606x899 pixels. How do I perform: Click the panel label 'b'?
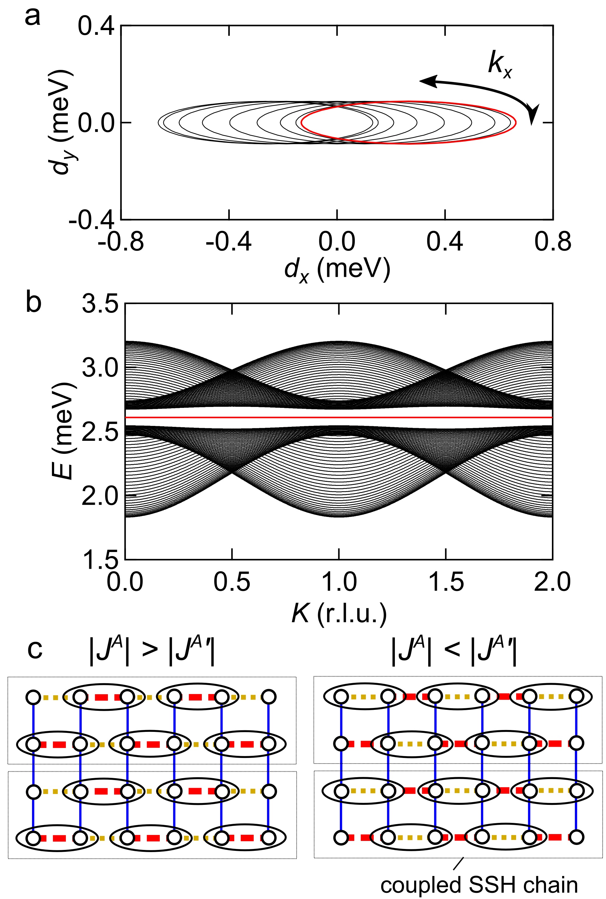34,302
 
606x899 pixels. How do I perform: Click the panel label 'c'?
35,650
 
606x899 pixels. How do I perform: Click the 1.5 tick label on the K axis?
446,582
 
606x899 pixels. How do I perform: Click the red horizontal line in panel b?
339,417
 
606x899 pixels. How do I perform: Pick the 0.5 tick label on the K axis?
232,582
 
